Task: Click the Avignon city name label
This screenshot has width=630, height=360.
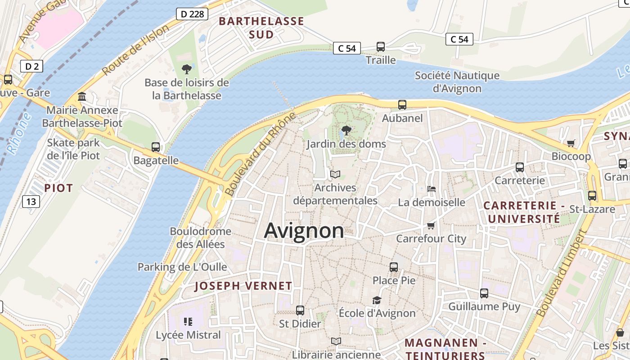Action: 304,231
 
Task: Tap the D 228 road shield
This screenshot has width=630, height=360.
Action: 192,14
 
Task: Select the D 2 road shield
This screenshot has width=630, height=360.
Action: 31,67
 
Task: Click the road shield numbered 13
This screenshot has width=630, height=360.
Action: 31,201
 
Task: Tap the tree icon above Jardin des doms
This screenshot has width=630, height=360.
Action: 346,130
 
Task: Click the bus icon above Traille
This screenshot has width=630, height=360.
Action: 380,46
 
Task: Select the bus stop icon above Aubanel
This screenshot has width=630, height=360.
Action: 402,105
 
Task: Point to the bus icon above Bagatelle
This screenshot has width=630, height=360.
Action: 156,147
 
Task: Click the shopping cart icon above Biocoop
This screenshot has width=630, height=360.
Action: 571,143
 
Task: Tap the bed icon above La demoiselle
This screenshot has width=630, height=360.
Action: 431,189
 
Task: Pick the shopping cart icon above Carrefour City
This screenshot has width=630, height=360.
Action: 431,225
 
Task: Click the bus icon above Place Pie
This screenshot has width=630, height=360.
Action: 394,267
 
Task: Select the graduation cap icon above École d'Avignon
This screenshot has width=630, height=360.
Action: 377,300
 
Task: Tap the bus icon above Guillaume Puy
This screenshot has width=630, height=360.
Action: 484,293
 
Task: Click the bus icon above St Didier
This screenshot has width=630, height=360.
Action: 300,310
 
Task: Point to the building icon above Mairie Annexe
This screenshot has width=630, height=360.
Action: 82,96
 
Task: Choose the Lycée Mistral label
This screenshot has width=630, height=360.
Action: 188,335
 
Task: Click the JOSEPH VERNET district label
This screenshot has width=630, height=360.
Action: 243,286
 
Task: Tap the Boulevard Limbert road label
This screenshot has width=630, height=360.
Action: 562,273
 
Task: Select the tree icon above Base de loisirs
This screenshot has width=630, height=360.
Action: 186,69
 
